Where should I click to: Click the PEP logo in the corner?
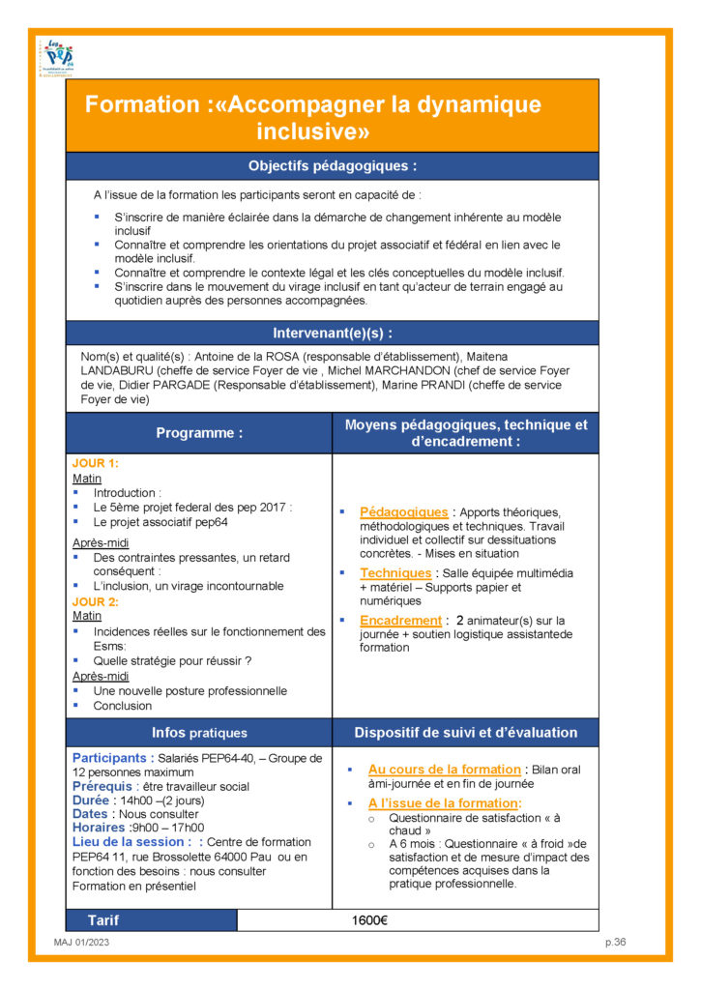(59, 57)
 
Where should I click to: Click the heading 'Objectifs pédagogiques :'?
(332, 166)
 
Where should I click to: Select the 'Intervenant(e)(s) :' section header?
(332, 334)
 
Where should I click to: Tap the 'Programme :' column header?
(199, 433)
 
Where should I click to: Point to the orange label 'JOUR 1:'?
(95, 463)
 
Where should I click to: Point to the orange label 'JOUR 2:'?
(95, 600)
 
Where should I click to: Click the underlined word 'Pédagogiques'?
(403, 511)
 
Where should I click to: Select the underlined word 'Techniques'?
(395, 572)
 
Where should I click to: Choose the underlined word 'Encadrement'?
(400, 620)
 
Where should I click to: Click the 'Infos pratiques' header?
(199, 733)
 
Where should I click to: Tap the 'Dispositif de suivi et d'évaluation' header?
(465, 733)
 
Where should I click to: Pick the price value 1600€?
(369, 920)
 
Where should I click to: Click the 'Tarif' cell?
(103, 920)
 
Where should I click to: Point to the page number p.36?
(616, 943)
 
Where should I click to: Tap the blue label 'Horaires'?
(99, 828)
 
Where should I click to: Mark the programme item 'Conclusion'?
(123, 705)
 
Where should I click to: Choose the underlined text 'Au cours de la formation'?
(445, 770)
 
